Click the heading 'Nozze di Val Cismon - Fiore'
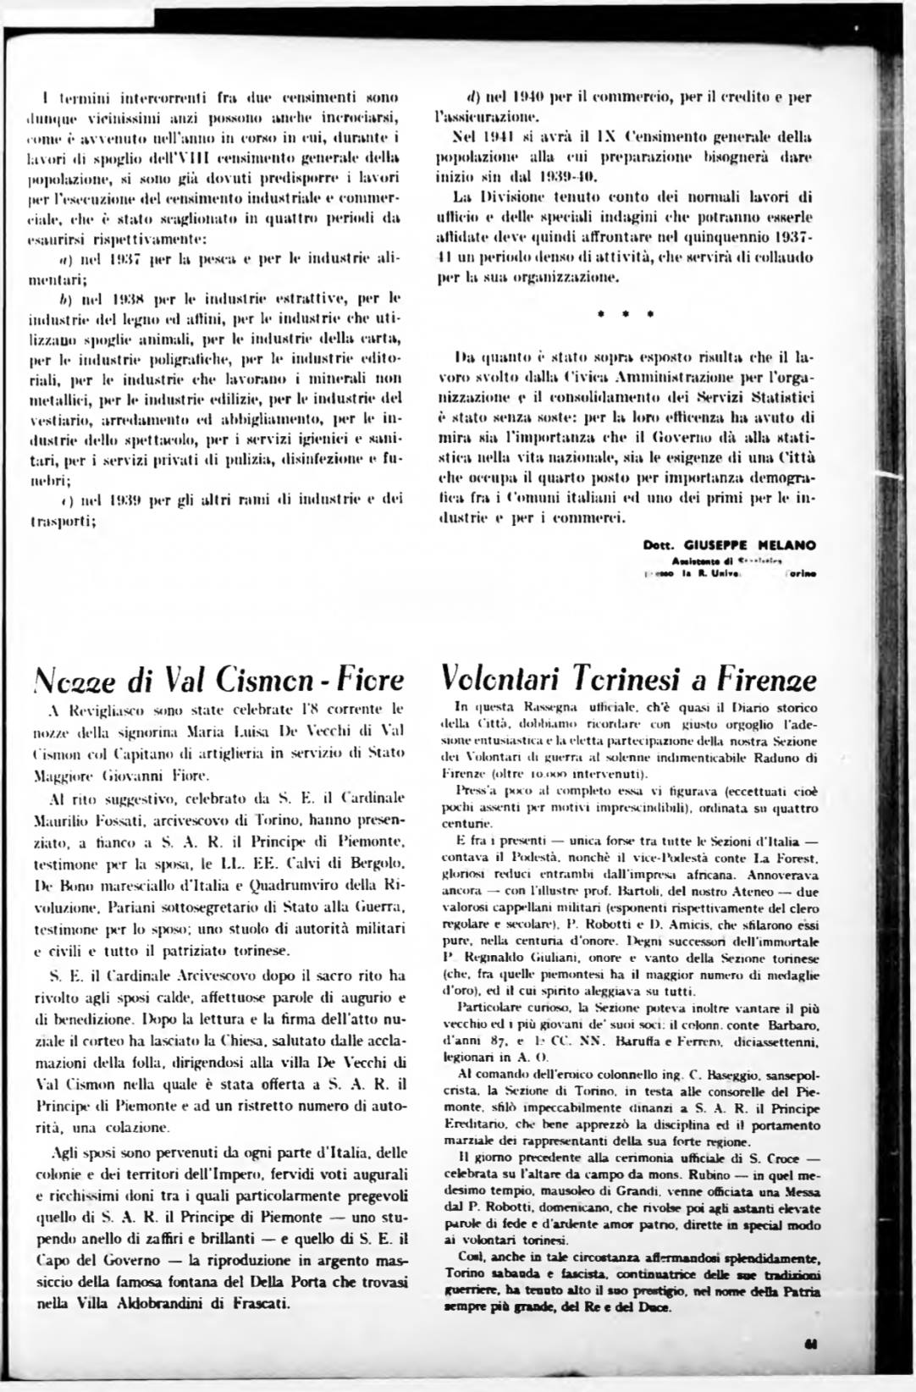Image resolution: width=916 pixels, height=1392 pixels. pyautogui.click(x=217, y=681)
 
